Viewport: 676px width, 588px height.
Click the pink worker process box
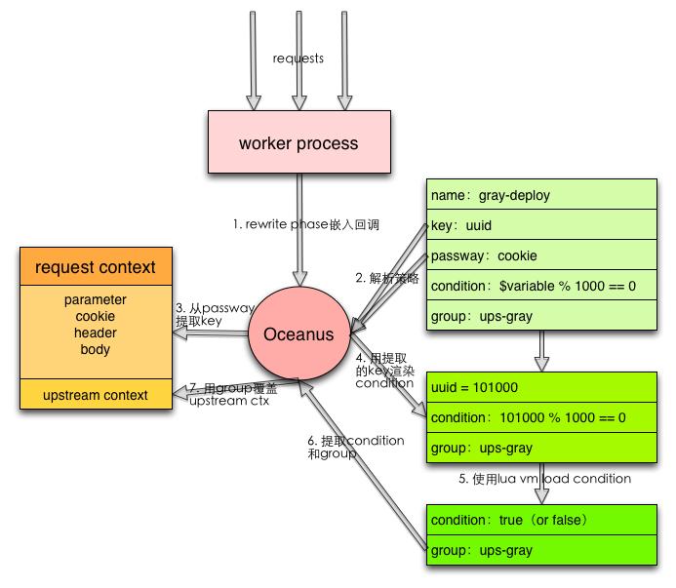[298, 144]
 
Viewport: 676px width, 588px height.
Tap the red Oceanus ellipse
[298, 334]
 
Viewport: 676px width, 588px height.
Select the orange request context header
[95, 267]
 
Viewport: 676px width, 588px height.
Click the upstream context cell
[95, 395]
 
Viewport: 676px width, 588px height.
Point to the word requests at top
[298, 59]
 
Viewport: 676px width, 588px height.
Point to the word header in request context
[95, 333]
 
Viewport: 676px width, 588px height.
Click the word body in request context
[95, 349]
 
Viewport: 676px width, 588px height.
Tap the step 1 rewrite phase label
[305, 224]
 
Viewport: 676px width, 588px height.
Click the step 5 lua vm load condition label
[544, 479]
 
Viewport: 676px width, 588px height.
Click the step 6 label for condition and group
[355, 447]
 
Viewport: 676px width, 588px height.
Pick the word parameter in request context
[95, 299]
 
